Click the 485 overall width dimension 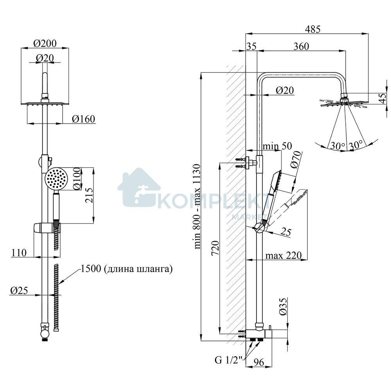[312, 29]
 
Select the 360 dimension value [301, 47]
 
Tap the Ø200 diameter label [45, 43]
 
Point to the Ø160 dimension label [84, 119]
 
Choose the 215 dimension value [89, 195]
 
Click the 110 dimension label [19, 253]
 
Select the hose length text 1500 [91, 269]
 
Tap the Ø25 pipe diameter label [19, 291]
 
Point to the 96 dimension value [258, 362]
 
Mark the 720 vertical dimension [215, 248]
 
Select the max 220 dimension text [283, 255]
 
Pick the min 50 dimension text [277, 146]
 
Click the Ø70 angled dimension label [296, 160]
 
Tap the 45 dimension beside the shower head [382, 99]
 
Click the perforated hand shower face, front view [56, 178]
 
